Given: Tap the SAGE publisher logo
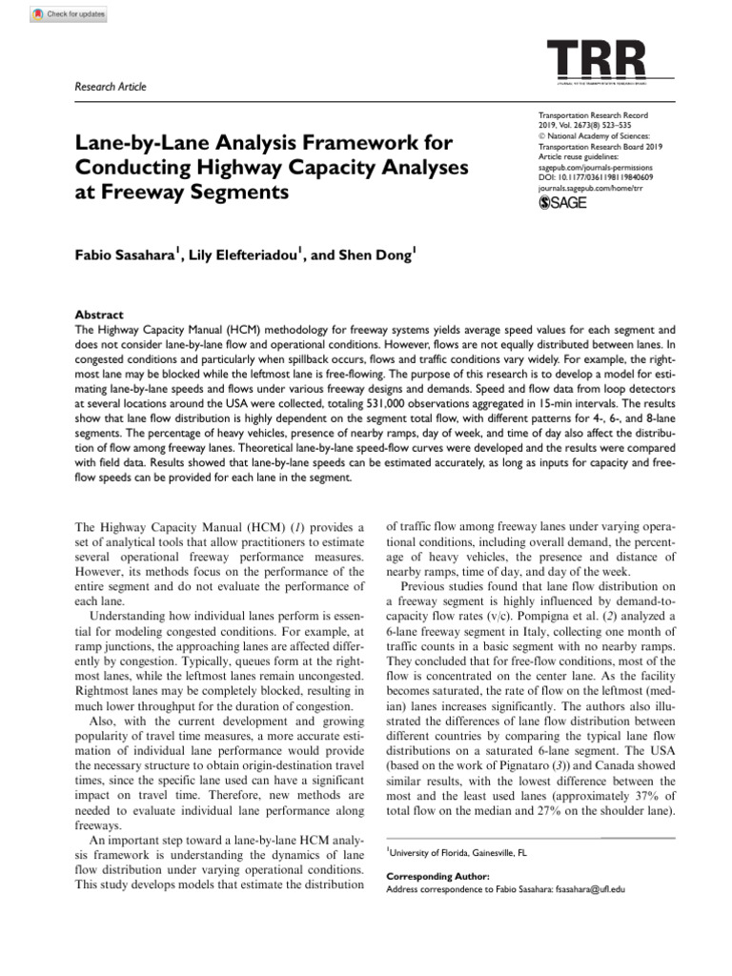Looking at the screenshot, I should (x=563, y=203).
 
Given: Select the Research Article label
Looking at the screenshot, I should (x=111, y=87).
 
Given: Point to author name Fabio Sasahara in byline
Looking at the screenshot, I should (x=123, y=256).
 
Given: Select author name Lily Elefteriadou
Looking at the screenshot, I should (x=240, y=256).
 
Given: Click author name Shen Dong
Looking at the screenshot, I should (x=376, y=256).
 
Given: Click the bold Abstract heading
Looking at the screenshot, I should (x=99, y=314).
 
